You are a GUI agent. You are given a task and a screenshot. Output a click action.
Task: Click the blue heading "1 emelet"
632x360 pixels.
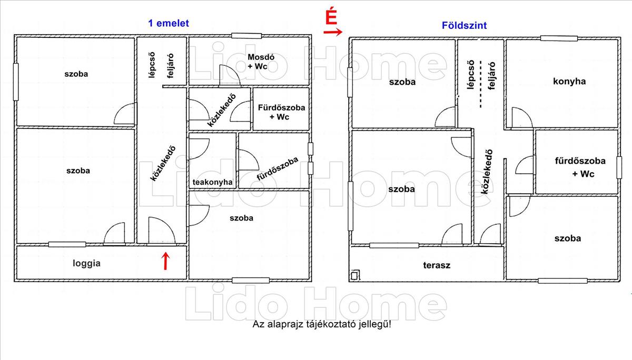click(168, 23)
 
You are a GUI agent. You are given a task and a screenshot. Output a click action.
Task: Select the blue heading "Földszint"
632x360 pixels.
click(463, 25)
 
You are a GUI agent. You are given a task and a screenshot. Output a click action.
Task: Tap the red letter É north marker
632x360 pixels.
click(331, 16)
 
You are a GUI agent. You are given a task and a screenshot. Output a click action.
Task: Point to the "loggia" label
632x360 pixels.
click(86, 263)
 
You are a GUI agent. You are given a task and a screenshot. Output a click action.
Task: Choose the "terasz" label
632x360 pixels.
click(437, 265)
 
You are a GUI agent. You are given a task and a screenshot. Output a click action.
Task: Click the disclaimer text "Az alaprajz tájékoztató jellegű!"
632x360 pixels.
click(322, 324)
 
